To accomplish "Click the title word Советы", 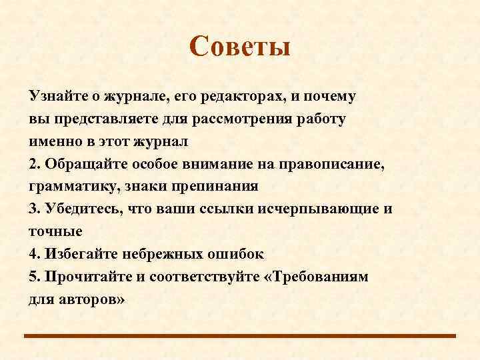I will tap(240, 47).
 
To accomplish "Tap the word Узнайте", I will tap(56, 97).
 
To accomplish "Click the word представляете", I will tap(98, 119).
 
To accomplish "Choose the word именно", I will tap(51, 142).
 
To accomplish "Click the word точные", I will tap(55, 231).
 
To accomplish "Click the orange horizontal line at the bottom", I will tap(240, 335).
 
